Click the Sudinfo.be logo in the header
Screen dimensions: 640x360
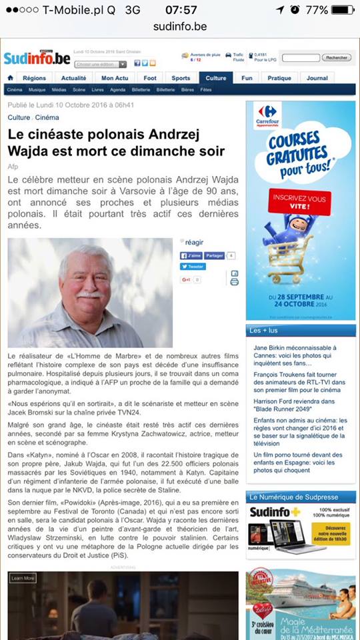(37, 58)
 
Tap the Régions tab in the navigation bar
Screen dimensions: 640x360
(34, 78)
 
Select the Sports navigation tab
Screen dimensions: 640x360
(181, 78)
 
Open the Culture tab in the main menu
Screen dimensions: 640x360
(216, 78)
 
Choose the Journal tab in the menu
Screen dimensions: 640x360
(317, 78)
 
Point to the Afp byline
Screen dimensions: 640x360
(13, 166)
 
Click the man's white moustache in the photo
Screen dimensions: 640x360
(89, 294)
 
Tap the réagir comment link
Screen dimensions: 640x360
(195, 242)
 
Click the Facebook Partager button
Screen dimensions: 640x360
(214, 255)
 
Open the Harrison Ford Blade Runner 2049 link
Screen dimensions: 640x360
(297, 406)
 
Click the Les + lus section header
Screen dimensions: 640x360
(263, 331)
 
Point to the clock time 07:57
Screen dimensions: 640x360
(181, 10)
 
